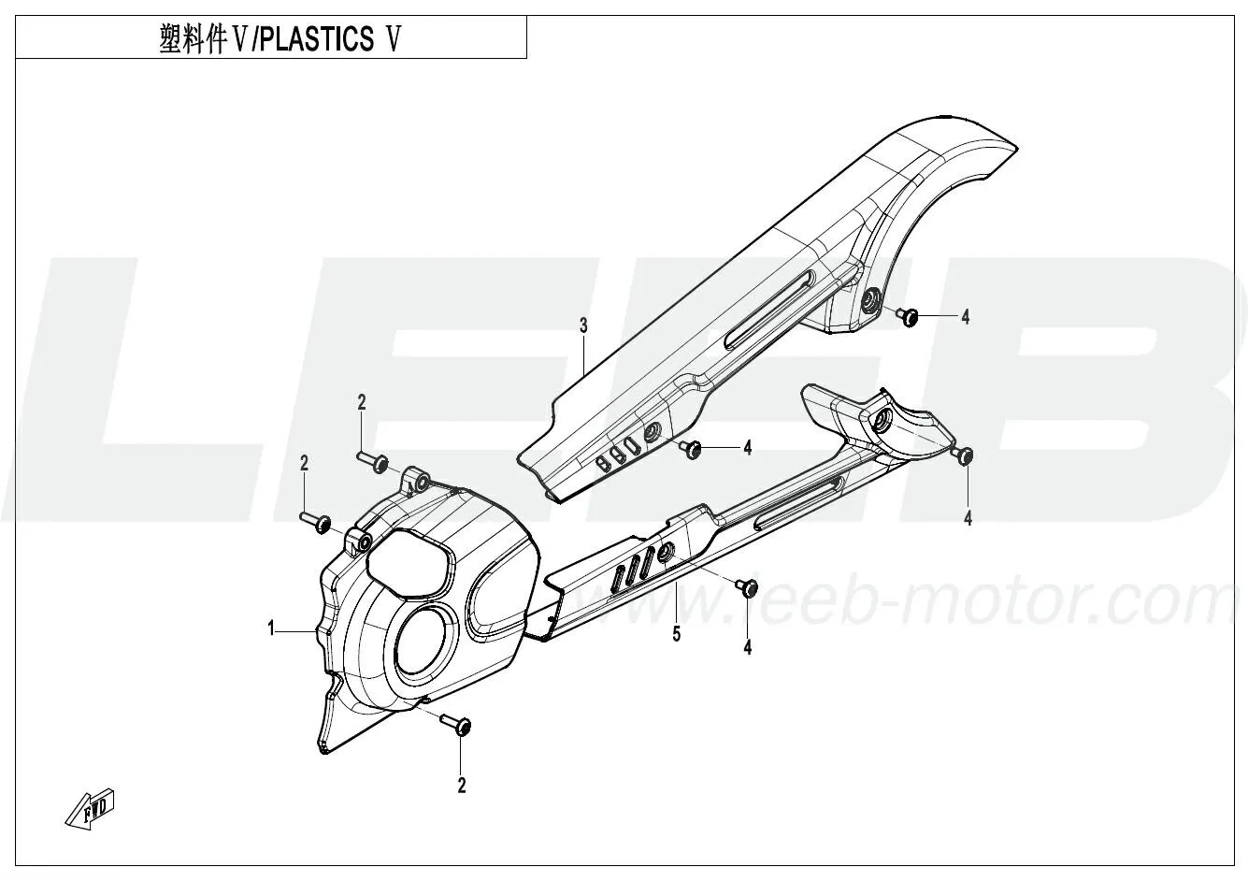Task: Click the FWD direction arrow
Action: pyautogui.click(x=91, y=810)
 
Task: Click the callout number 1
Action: pyautogui.click(x=271, y=629)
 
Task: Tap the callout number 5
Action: pyautogui.click(x=677, y=634)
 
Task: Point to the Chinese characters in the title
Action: pyautogui.click(x=193, y=39)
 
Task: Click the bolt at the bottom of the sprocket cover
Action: pyautogui.click(x=456, y=725)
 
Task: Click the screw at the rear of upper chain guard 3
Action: pyautogui.click(x=907, y=316)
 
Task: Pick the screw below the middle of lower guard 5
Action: pyautogui.click(x=747, y=587)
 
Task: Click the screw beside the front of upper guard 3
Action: pyautogui.click(x=690, y=448)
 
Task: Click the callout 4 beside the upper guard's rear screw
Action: pyautogui.click(x=966, y=317)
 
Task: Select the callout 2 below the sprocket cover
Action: pyautogui.click(x=461, y=786)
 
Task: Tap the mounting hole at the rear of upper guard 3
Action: pyautogui.click(x=870, y=301)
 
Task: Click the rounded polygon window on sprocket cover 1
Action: pyautogui.click(x=410, y=562)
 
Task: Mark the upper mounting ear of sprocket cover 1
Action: pyautogui.click(x=416, y=479)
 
